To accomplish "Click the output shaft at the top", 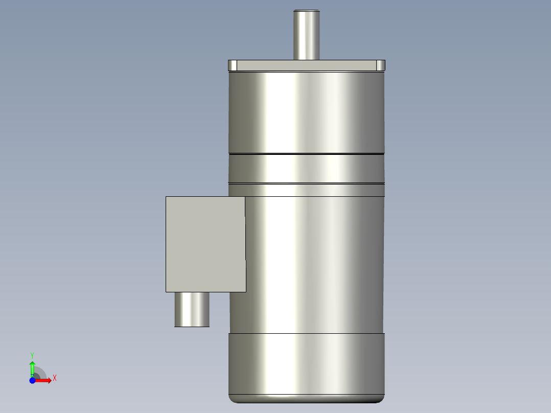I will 306,36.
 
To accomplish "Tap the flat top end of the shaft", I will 306,11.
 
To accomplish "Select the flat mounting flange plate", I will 306,65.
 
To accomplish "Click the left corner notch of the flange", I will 233,65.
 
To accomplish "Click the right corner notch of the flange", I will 380,65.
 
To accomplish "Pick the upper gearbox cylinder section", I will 306,112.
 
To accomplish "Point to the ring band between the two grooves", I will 306,169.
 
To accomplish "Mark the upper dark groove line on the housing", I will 306,153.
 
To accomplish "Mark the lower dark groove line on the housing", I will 306,183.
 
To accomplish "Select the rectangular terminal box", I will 205,244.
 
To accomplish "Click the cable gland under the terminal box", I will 192,309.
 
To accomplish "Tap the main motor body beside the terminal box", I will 314,261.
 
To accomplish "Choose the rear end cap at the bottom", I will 306,363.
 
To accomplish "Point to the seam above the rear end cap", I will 306,333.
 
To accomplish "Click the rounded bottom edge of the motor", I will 306,399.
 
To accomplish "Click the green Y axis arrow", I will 32,368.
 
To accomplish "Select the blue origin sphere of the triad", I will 32,381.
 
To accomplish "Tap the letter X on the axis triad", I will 55,378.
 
